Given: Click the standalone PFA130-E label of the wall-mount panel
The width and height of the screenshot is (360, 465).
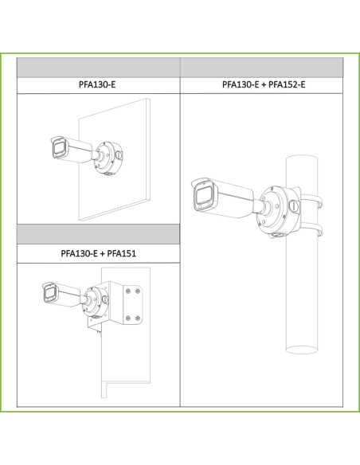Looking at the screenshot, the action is (x=97, y=84).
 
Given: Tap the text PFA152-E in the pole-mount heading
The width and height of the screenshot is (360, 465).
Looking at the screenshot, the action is (x=287, y=84).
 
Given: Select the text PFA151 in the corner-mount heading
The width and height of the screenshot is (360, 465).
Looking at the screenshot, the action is (x=122, y=253).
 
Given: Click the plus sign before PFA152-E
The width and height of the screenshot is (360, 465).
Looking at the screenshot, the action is (x=264, y=85).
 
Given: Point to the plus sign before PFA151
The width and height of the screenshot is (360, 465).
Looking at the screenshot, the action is (x=102, y=253).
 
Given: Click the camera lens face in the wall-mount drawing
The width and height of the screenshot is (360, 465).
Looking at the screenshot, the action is (x=59, y=149).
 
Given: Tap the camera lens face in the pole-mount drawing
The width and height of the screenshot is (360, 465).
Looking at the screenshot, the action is (x=205, y=197).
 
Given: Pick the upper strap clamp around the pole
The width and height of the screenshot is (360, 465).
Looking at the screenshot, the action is (x=311, y=199).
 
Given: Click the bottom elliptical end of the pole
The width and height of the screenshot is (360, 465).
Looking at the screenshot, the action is (x=302, y=350).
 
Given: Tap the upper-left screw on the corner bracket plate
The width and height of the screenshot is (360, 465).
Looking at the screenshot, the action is (x=128, y=291).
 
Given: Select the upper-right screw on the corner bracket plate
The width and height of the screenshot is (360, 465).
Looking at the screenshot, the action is (x=138, y=291).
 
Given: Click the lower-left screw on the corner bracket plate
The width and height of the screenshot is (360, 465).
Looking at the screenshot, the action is (x=128, y=318).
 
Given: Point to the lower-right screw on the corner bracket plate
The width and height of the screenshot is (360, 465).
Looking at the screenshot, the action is (x=138, y=318).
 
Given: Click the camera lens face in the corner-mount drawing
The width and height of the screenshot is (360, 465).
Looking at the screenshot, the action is (x=49, y=294).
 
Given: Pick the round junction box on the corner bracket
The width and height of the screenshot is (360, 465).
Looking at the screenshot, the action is (x=96, y=302).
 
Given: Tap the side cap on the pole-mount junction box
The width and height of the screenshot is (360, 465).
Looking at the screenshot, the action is (x=295, y=206).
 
